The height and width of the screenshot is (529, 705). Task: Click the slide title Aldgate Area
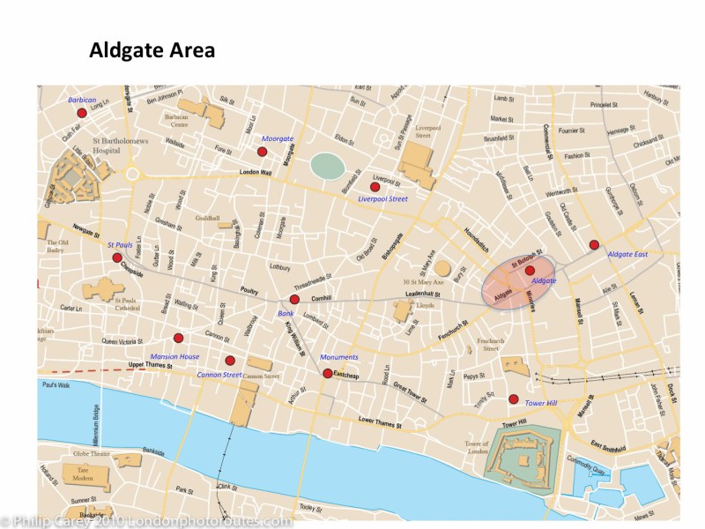coord(152,51)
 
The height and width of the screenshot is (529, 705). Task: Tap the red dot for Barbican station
coord(82,113)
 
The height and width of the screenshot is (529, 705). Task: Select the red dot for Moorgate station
coord(262,152)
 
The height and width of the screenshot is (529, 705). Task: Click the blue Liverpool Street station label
coord(382,199)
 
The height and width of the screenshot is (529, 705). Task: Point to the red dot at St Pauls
coord(117,257)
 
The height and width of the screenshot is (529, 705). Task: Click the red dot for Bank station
coord(294,300)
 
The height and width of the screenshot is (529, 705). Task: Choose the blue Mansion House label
coord(176,356)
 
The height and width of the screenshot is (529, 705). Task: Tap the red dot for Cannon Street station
coord(230,360)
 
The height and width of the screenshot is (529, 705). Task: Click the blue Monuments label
coord(339,357)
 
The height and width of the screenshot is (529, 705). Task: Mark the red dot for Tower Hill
coord(513,399)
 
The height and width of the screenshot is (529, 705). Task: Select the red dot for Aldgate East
coord(594,244)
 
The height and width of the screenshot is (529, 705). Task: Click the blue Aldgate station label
coord(544,280)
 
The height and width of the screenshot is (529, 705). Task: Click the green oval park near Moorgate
coord(328,165)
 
